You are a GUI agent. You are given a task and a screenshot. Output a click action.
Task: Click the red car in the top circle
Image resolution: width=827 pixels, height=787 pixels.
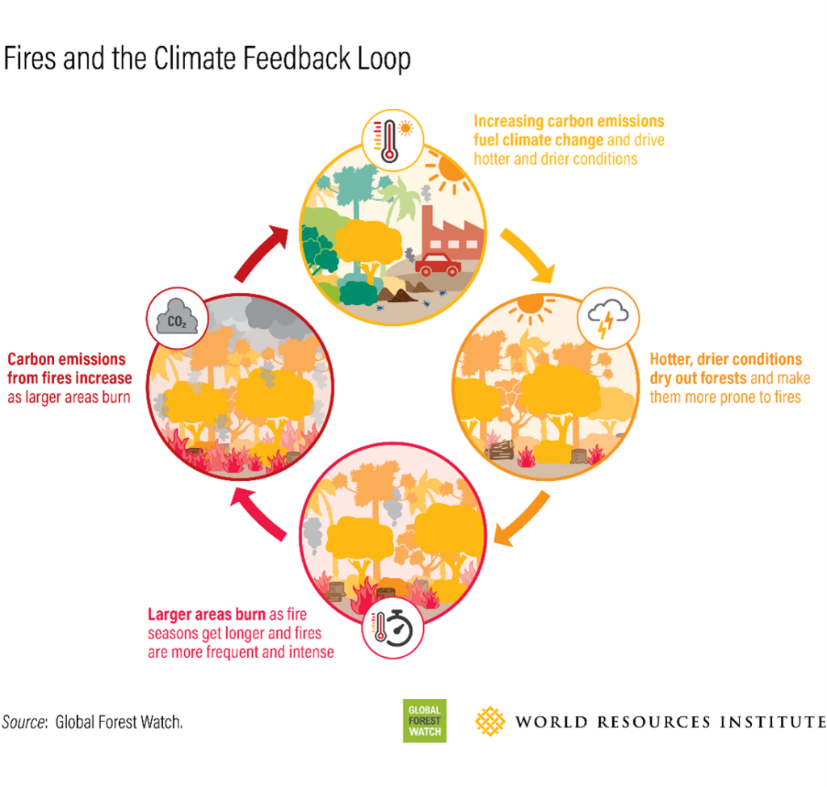(x=438, y=264)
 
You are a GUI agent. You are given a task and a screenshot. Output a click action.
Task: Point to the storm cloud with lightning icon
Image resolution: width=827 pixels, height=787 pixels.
(x=609, y=317)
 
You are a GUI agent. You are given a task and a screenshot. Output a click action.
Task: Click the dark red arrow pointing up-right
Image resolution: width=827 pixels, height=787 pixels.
(x=264, y=251)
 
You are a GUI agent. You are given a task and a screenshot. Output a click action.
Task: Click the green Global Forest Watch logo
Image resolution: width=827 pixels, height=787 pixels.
(x=424, y=720)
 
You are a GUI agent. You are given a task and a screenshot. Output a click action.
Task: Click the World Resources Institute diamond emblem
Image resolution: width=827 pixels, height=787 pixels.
(x=489, y=721)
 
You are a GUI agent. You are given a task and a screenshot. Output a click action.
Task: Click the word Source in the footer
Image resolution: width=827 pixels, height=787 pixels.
(x=23, y=722)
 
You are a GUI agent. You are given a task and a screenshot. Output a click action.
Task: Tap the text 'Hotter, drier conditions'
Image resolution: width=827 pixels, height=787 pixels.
(x=725, y=359)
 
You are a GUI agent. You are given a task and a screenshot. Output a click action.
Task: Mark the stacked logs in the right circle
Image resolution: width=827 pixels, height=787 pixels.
(x=500, y=450)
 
